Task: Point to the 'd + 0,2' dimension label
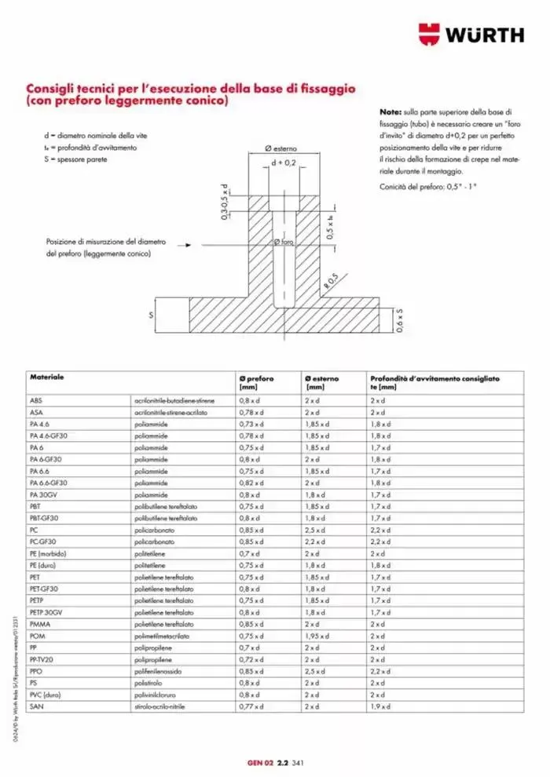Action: point(283,162)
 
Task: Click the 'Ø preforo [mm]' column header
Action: point(256,383)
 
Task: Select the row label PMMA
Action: point(39,624)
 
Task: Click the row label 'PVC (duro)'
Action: point(45,695)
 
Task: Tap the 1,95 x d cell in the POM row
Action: point(318,636)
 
